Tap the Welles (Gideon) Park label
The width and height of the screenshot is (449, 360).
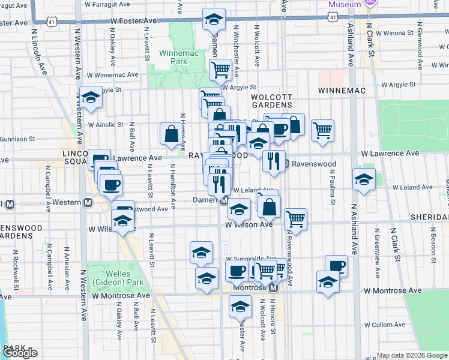109,278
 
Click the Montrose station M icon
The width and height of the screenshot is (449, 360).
273,288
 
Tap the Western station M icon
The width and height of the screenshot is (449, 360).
88,202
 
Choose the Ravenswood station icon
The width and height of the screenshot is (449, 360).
287,163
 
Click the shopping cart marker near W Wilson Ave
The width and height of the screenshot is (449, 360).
296,219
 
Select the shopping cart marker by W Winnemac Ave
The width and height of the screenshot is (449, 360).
220,70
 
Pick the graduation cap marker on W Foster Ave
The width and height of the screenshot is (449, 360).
214,20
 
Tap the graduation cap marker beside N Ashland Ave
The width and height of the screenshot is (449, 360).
363,179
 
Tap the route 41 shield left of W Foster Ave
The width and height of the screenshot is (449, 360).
53,22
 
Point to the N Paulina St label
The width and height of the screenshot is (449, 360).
331,187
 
